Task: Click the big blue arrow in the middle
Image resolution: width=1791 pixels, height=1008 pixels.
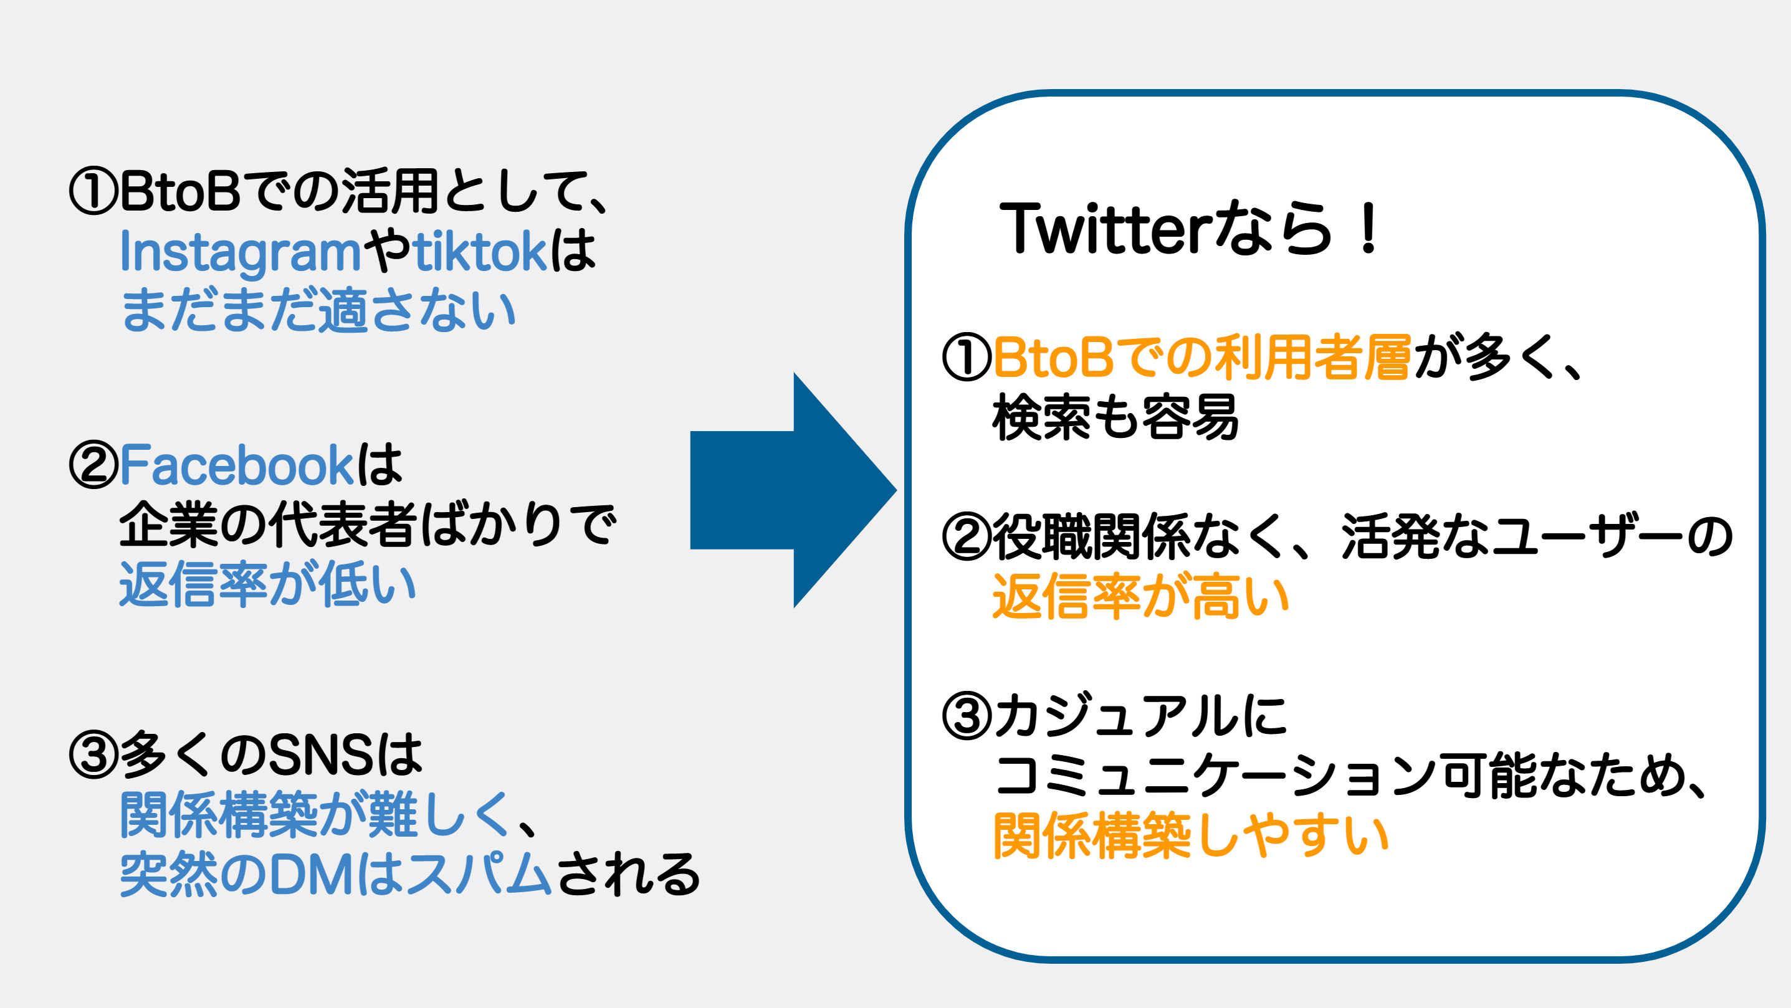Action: [x=793, y=490]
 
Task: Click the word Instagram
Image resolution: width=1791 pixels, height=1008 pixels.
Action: [x=241, y=252]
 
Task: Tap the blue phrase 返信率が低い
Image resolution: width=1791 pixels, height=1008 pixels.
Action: [x=268, y=584]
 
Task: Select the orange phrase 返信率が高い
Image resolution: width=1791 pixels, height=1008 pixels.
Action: [x=1141, y=596]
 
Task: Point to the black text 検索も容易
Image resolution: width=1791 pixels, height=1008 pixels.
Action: [x=1115, y=417]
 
